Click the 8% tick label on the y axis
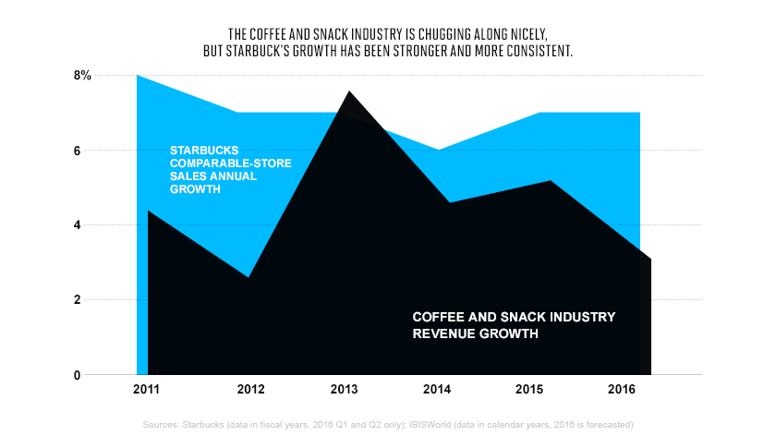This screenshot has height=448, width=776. (x=83, y=76)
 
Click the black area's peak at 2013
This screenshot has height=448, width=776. (x=350, y=91)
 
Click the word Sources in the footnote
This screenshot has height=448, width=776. (x=162, y=425)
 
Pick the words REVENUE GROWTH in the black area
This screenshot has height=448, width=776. (x=475, y=333)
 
